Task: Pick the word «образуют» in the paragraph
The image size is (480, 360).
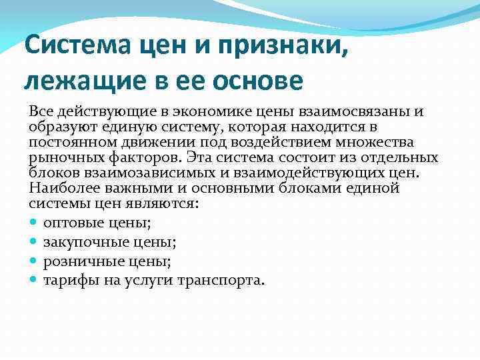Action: [x=61, y=127]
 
